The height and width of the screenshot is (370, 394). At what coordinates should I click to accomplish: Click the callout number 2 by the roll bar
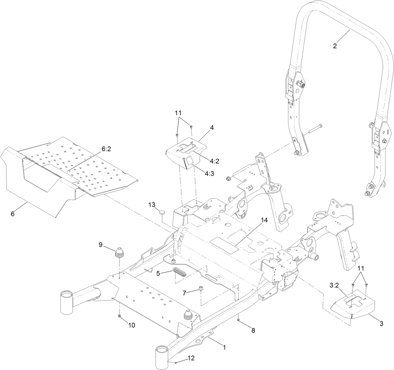coord(335,46)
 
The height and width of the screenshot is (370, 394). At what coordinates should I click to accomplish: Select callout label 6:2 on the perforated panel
coord(106,149)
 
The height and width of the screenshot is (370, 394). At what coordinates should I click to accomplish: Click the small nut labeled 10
coord(119,316)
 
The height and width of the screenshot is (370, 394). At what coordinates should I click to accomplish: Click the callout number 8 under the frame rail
coord(253,330)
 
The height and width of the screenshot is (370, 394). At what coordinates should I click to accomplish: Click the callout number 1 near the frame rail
coord(224,347)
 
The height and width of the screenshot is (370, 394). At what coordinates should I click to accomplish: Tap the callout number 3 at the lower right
coord(381,324)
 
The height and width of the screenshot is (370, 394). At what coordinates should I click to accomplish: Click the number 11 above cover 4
coord(178,113)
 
